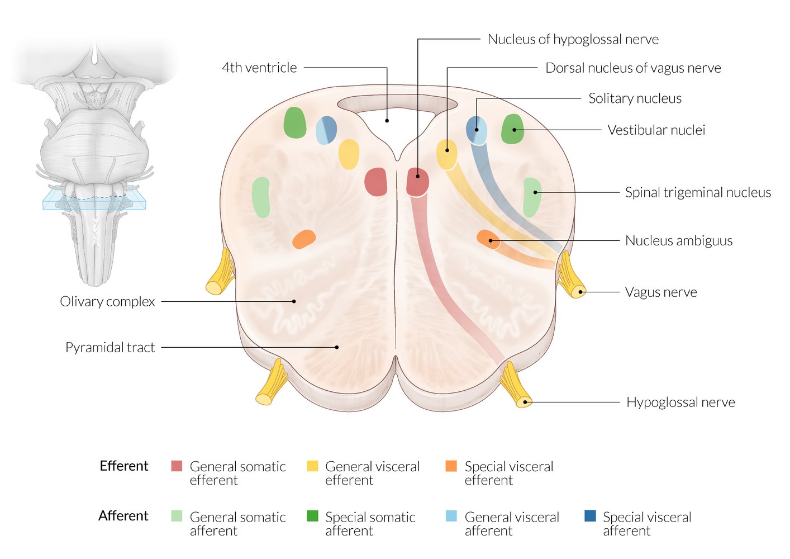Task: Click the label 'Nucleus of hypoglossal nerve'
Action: [573, 39]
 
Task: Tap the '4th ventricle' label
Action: [259, 68]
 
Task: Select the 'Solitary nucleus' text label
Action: [635, 98]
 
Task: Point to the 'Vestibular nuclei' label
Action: [656, 130]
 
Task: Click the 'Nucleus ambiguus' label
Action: [678, 241]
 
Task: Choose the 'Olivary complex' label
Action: [107, 302]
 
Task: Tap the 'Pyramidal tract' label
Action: [110, 348]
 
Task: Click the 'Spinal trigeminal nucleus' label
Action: [697, 193]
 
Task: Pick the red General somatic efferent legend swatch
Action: [177, 466]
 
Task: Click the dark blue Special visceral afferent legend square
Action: [590, 516]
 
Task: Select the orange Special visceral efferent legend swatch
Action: [451, 466]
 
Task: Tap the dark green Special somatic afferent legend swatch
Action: [312, 516]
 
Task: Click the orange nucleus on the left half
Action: [304, 239]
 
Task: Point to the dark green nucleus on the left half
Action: [294, 123]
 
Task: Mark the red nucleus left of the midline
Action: [376, 182]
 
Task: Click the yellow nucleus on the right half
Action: [446, 154]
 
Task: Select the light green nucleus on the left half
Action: [261, 197]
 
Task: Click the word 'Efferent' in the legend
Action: [123, 466]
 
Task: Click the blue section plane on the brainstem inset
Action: [94, 200]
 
